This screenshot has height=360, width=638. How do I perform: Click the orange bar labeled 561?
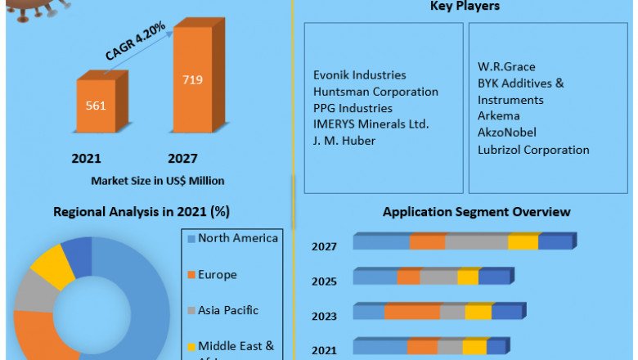tap(96, 106)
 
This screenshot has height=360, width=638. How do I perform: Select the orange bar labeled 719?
tap(192, 80)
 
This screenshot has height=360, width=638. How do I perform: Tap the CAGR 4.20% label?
tap(136, 41)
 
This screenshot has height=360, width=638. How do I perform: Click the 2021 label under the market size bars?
tap(86, 158)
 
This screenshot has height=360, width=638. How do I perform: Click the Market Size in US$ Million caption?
tap(158, 180)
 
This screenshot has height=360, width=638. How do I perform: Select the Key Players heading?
tap(465, 7)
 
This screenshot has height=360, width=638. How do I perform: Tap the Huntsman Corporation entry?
tap(375, 92)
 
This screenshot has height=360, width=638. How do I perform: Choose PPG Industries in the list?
tap(353, 108)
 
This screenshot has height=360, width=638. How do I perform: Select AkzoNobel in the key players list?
tap(506, 133)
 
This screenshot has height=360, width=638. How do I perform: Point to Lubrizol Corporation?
tap(533, 150)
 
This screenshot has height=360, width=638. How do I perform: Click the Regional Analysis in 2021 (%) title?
tap(142, 211)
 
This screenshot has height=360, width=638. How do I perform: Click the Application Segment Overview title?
tap(476, 211)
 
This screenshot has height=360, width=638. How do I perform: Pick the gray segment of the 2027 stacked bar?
tap(476, 242)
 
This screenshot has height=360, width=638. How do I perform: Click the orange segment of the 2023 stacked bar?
tap(412, 312)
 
